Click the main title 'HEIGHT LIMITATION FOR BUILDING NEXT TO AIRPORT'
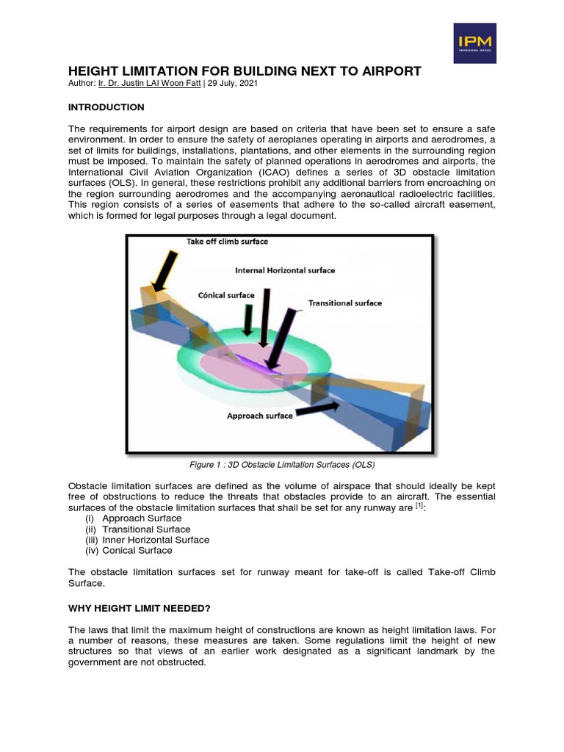click(245, 71)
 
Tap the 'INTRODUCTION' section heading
click(106, 107)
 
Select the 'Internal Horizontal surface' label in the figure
click(285, 270)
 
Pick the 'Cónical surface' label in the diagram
click(227, 295)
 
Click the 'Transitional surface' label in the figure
click(345, 303)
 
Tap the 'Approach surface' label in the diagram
click(259, 416)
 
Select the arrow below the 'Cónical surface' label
click(248, 319)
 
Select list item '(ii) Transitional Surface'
click(138, 529)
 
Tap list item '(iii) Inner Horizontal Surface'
click(147, 540)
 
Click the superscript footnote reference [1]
click(418, 506)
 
